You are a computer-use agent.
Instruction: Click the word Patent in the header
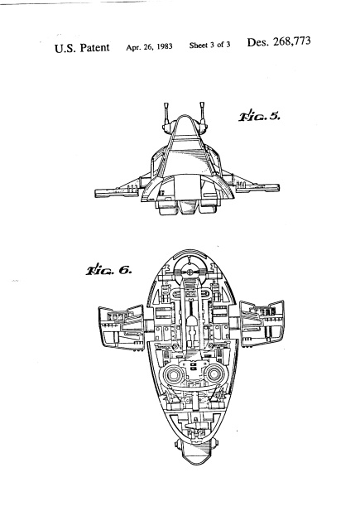[94, 48]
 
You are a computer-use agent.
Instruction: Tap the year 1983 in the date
[165, 46]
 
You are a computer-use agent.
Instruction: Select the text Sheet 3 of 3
[209, 45]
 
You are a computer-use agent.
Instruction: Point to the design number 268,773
[292, 41]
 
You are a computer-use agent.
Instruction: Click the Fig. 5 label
[259, 116]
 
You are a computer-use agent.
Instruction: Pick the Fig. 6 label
[108, 270]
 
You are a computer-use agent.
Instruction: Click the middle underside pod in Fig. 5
[188, 207]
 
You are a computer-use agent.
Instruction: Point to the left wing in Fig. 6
[122, 327]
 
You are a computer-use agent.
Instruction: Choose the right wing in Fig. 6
[262, 324]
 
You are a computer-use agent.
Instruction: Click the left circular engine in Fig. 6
[173, 375]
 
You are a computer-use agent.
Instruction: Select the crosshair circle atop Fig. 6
[190, 271]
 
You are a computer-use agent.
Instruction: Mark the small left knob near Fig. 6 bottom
[178, 444]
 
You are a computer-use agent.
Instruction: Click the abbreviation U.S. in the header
[65, 48]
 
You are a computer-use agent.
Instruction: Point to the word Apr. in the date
[133, 48]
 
